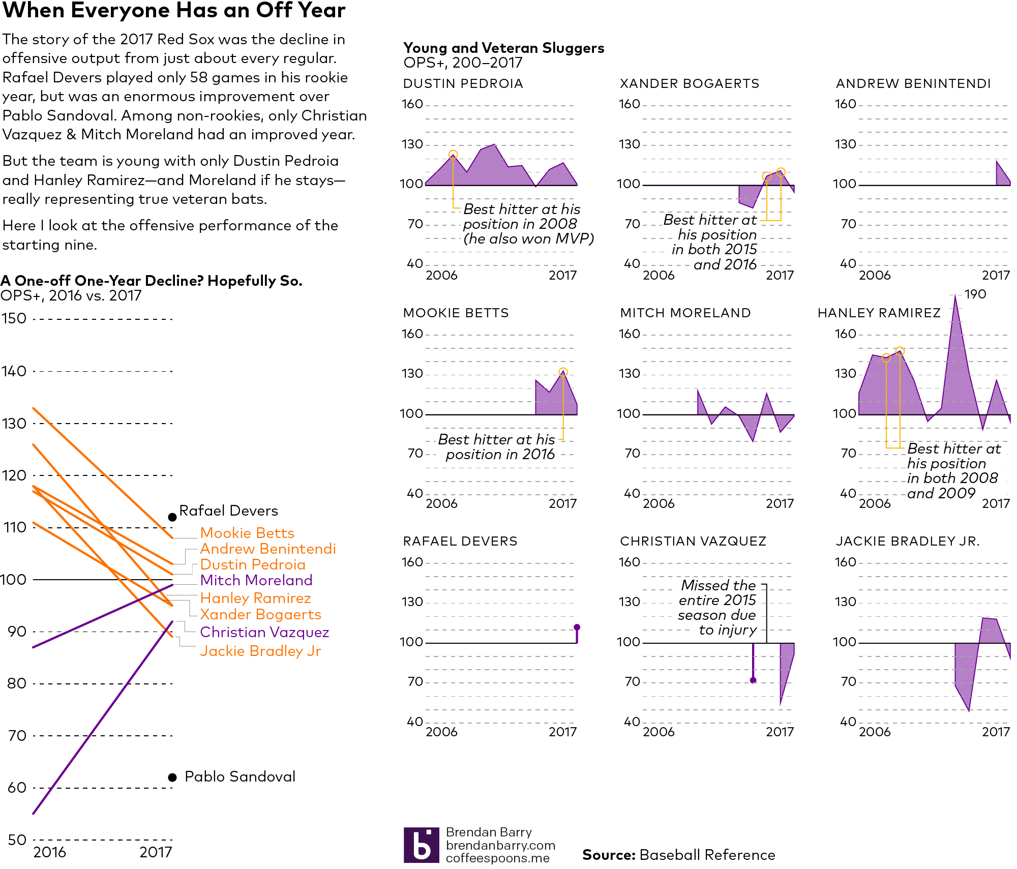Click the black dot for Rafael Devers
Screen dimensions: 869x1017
point(172,517)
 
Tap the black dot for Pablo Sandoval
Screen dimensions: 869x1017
point(172,777)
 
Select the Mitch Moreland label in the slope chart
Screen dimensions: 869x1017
point(256,580)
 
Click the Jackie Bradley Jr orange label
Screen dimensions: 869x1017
point(260,651)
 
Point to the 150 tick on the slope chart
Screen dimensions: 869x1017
point(14,319)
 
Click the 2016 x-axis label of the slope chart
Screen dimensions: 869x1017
point(49,852)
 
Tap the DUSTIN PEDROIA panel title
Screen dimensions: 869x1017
point(463,84)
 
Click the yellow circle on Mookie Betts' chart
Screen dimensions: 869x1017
point(563,372)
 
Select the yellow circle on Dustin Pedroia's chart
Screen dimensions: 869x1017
point(453,155)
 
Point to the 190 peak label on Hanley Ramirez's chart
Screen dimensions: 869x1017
point(975,294)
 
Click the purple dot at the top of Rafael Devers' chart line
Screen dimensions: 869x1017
point(577,627)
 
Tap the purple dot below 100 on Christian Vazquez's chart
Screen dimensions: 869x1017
point(753,680)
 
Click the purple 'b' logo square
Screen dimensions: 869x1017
point(421,845)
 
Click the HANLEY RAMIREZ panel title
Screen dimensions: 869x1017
point(879,313)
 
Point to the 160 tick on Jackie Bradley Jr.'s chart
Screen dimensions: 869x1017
point(846,562)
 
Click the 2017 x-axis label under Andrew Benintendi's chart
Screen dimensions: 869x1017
point(996,276)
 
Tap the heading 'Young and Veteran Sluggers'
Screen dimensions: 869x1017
point(503,48)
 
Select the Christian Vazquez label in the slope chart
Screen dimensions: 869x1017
point(264,632)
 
